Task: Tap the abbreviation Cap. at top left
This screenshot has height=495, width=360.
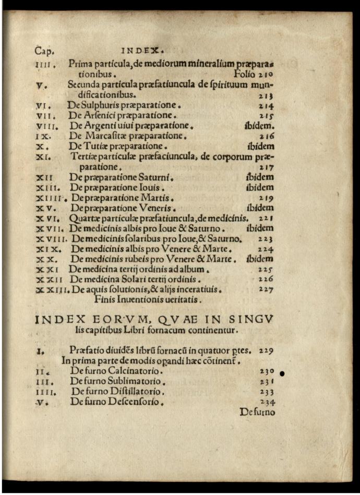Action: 45,51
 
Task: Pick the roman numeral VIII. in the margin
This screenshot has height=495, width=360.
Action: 46,126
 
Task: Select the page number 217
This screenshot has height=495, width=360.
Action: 266,168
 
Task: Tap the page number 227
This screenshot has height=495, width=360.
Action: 266,289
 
